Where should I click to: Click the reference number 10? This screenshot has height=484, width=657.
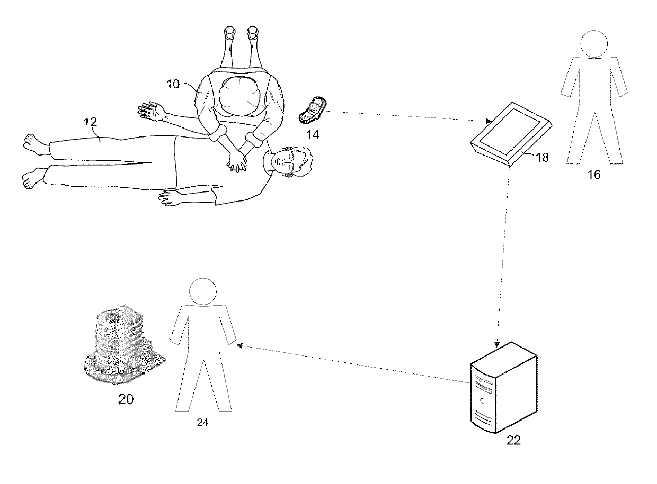coord(174,84)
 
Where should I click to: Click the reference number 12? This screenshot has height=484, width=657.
coord(91,122)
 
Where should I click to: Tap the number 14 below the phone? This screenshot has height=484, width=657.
coord(313,134)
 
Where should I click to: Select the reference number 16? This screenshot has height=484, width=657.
coord(594,174)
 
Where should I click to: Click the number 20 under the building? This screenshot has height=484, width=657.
coord(126,399)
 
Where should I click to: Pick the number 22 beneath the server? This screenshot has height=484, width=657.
coord(513,440)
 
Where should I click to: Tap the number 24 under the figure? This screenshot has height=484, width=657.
coord(202,423)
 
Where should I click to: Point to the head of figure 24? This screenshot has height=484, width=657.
coord(202,293)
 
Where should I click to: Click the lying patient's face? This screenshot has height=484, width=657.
coord(287,162)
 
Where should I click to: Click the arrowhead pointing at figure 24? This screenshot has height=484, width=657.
coord(239,345)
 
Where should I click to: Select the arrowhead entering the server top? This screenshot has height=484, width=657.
coord(496,343)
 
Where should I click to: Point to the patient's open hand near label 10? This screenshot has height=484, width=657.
coord(149,111)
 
